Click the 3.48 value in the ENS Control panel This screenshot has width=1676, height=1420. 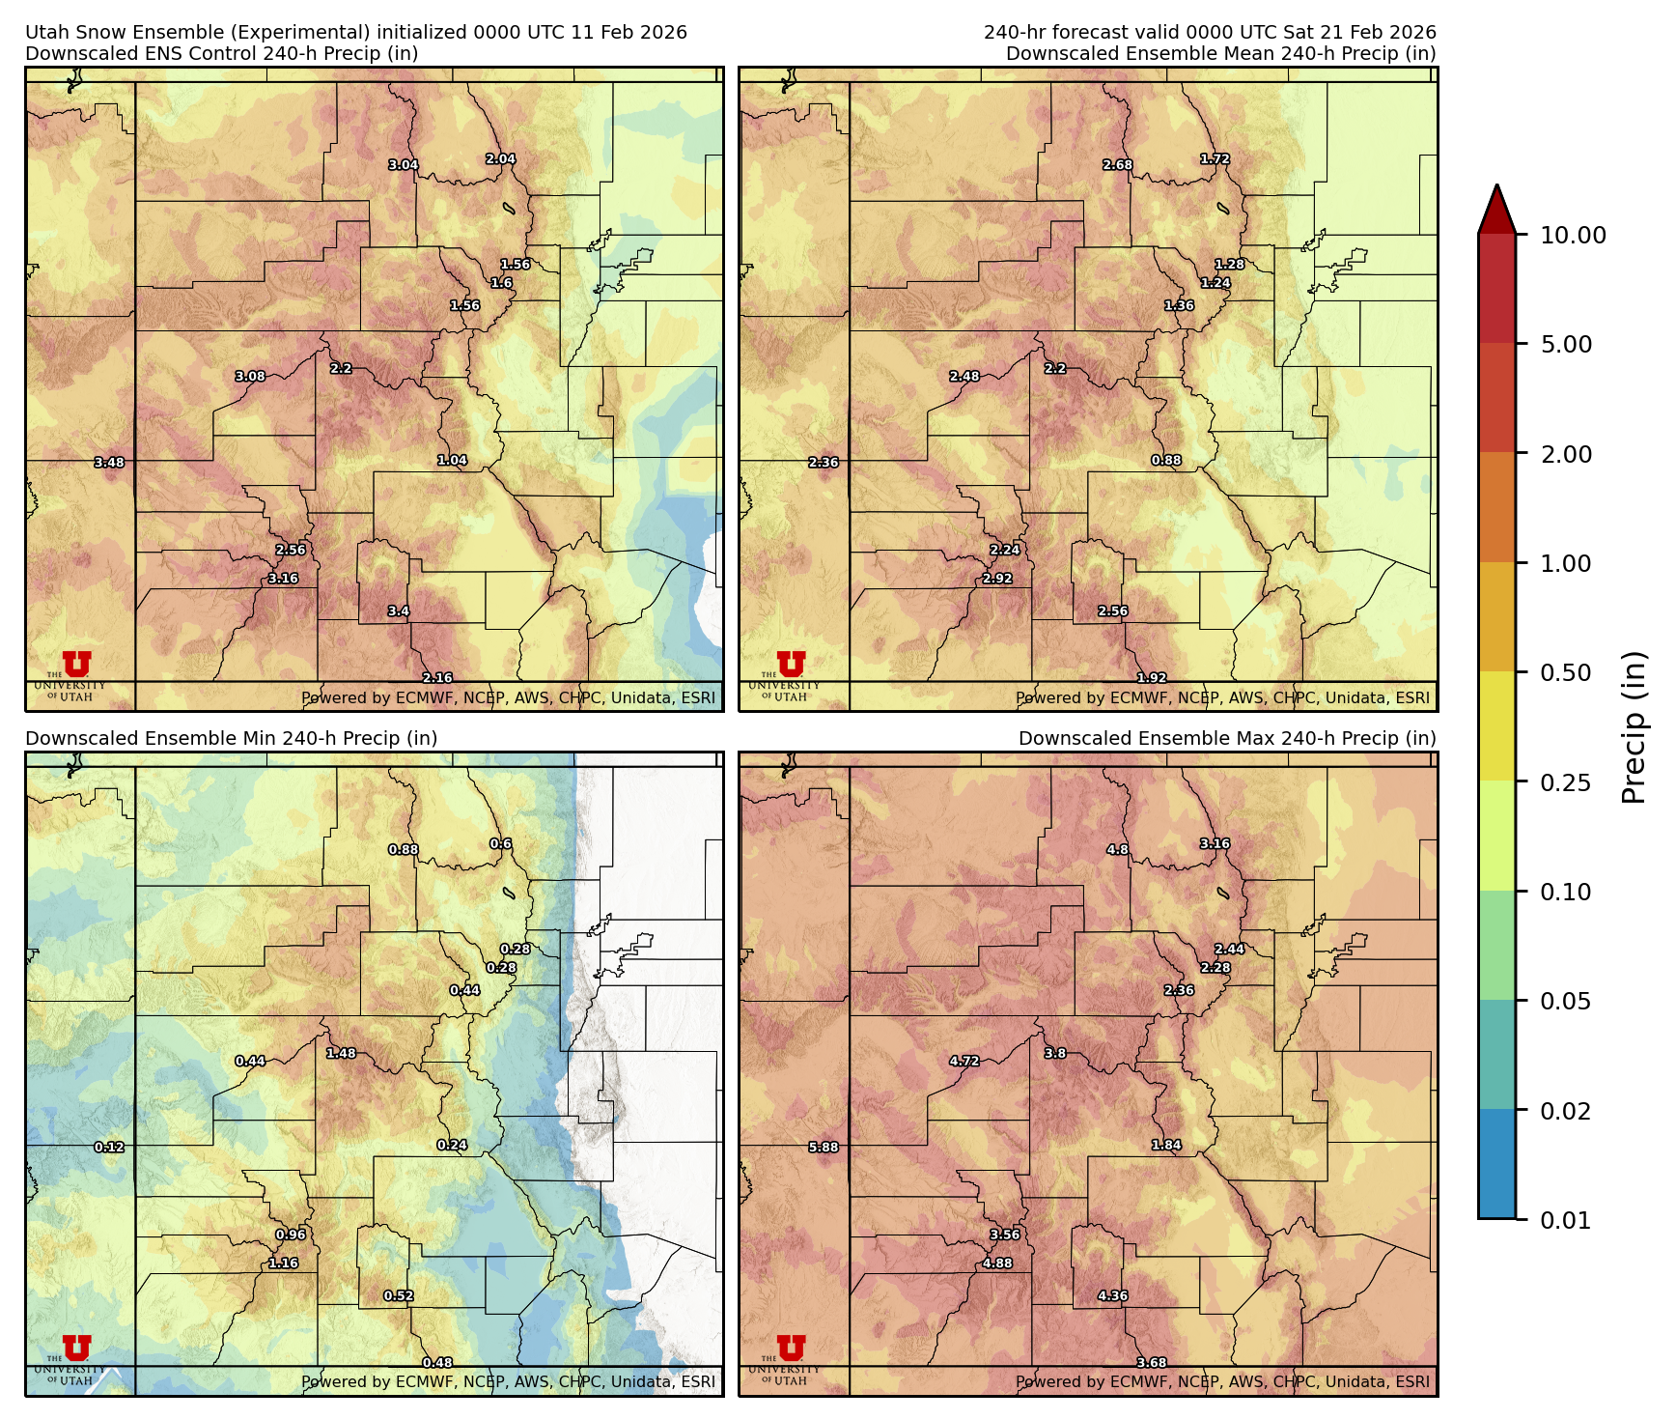pyautogui.click(x=109, y=463)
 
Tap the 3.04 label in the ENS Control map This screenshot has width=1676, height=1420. pyautogui.click(x=404, y=165)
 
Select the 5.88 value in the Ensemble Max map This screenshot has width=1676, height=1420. pyautogui.click(x=824, y=1148)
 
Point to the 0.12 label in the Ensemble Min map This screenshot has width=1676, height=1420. pyautogui.click(x=109, y=1148)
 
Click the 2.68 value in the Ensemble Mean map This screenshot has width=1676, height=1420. pyautogui.click(x=1118, y=165)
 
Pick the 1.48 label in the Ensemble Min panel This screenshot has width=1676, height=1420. pyautogui.click(x=341, y=1053)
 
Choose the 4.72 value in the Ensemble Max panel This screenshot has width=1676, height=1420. pyautogui.click(x=964, y=1061)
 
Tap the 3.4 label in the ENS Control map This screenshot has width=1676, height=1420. pyautogui.click(x=399, y=611)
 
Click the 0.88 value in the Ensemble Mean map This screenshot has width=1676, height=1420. pyautogui.click(x=1166, y=461)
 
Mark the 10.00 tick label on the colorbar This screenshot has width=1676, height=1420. pyautogui.click(x=1573, y=235)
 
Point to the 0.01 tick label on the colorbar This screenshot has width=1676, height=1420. pyautogui.click(x=1565, y=1220)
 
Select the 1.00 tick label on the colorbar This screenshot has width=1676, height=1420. pyautogui.click(x=1565, y=563)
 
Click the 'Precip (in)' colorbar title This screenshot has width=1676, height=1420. pyautogui.click(x=1633, y=727)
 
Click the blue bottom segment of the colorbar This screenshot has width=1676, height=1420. pyautogui.click(x=1496, y=1164)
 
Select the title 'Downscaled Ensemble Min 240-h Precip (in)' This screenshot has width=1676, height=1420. pyautogui.click(x=232, y=738)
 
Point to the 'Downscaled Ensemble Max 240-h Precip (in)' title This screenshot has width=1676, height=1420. pyautogui.click(x=1227, y=738)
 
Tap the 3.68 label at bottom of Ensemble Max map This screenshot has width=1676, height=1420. pyautogui.click(x=1152, y=1363)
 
